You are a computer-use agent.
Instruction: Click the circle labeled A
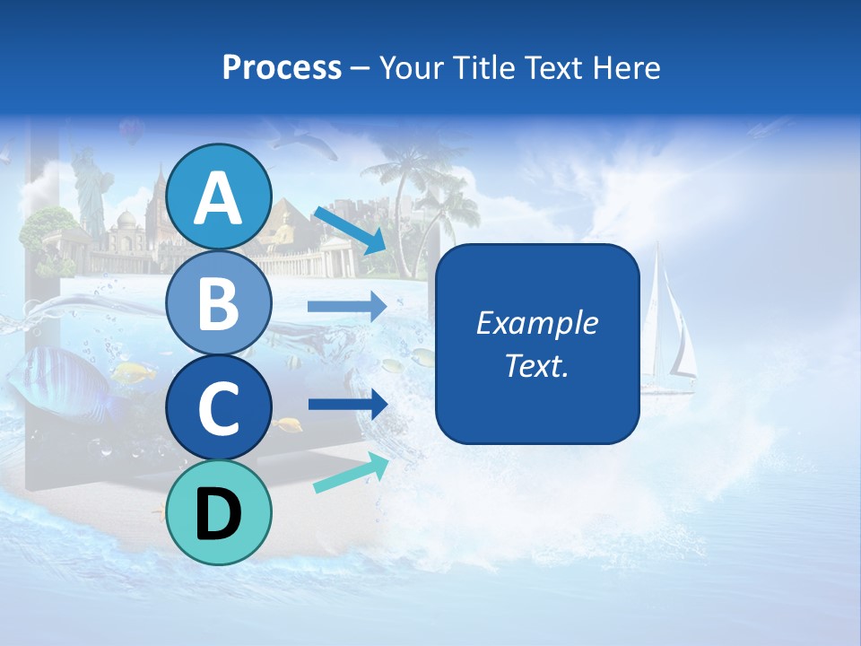[218, 196]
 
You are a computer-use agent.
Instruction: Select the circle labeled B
[218, 302]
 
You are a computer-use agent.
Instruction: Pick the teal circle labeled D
[218, 512]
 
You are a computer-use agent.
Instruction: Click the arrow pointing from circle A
[350, 230]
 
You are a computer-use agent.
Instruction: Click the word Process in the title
[282, 67]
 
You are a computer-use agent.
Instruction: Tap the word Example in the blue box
[536, 323]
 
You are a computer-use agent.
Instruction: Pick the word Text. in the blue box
[536, 365]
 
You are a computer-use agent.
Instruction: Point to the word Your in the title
[411, 67]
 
